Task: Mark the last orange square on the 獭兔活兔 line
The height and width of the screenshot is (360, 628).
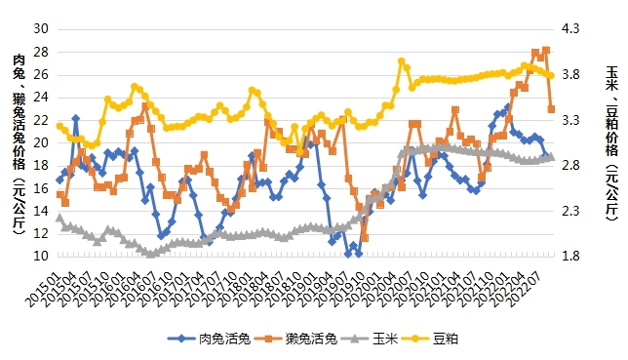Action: pyautogui.click(x=551, y=109)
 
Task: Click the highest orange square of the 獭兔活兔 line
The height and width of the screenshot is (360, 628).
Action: pyautogui.click(x=545, y=51)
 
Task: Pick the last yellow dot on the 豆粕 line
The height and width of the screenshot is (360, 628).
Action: pyautogui.click(x=551, y=75)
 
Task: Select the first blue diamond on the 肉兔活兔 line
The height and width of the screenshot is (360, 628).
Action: pyautogui.click(x=59, y=180)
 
